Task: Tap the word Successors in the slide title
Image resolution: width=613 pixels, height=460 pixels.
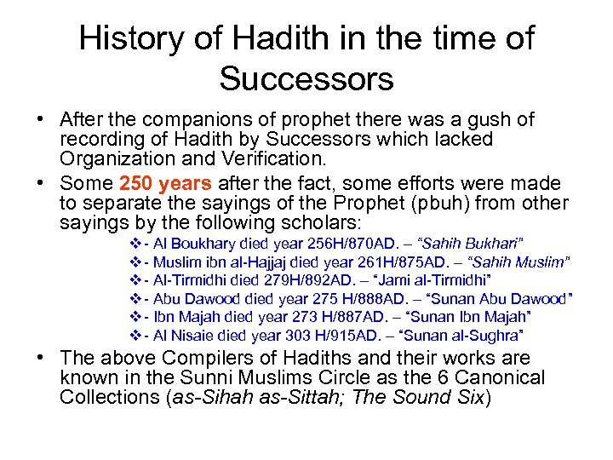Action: pyautogui.click(x=306, y=78)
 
